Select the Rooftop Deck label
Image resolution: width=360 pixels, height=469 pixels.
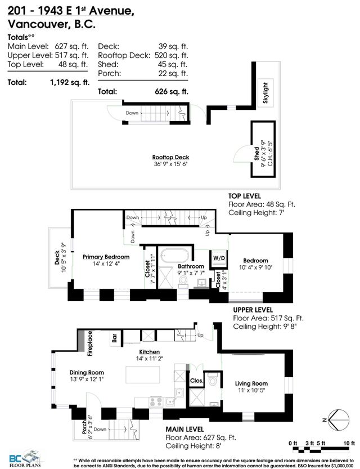click(x=170, y=157)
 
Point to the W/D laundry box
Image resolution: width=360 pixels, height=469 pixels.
click(x=217, y=259)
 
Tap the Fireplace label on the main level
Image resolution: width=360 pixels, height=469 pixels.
click(x=89, y=344)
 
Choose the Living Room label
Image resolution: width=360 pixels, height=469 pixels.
click(x=251, y=384)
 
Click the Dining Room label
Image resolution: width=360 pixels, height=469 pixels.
click(x=88, y=372)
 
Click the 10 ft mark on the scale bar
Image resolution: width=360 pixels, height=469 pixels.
click(x=351, y=443)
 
